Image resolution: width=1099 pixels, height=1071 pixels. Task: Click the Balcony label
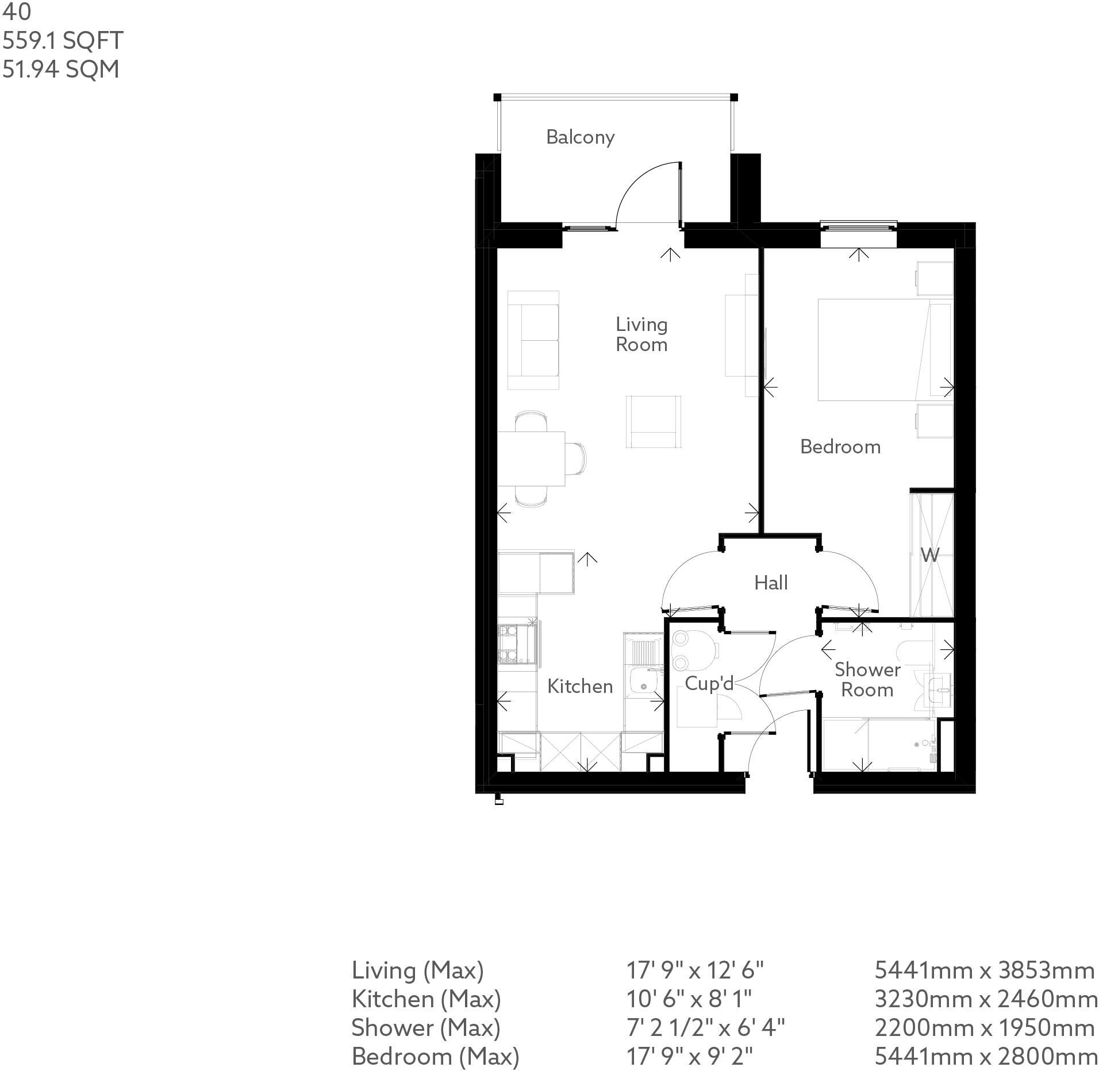pyautogui.click(x=580, y=137)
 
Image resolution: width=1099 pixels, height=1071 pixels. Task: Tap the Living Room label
pyautogui.click(x=641, y=334)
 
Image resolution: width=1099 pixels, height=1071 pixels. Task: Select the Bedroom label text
pyautogui.click(x=840, y=446)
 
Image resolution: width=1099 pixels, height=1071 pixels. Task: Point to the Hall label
pyautogui.click(x=770, y=583)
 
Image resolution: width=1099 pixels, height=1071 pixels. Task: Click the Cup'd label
pyautogui.click(x=709, y=683)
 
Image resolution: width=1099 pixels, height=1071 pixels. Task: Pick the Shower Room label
pyautogui.click(x=867, y=679)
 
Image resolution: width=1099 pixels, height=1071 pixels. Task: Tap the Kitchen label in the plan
pyautogui.click(x=579, y=686)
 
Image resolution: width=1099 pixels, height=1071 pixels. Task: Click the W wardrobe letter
pyautogui.click(x=929, y=555)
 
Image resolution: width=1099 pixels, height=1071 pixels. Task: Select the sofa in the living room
pyautogui.click(x=533, y=340)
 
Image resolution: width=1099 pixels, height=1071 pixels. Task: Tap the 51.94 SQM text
pyautogui.click(x=60, y=70)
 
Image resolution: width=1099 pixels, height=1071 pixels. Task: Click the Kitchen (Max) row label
pyautogui.click(x=426, y=999)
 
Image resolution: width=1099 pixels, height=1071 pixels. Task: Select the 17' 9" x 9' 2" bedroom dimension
pyautogui.click(x=689, y=1056)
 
